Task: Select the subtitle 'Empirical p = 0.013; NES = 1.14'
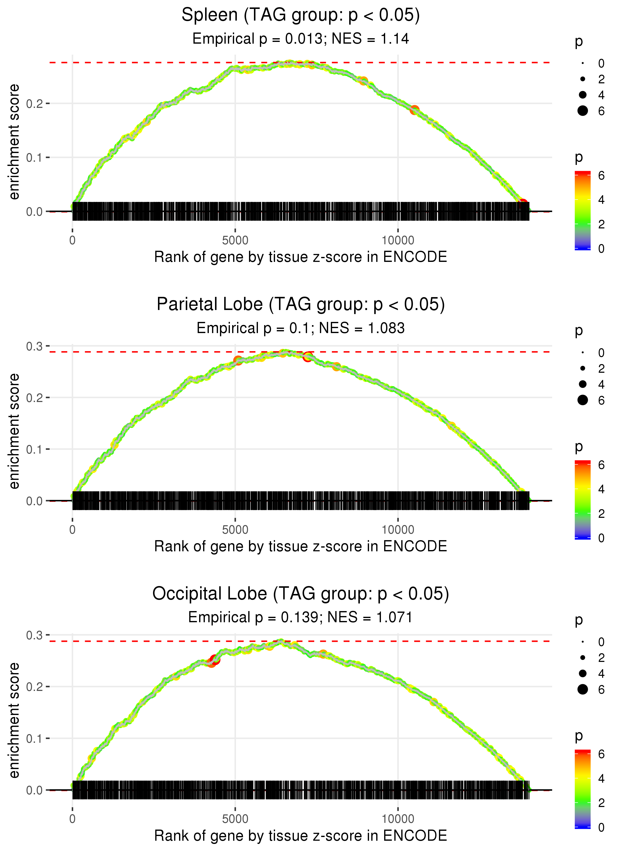(x=301, y=38)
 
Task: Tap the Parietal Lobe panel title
(x=301, y=305)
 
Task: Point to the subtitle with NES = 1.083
(x=301, y=328)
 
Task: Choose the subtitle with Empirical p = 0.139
(x=301, y=617)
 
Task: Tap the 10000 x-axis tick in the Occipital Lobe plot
(x=398, y=819)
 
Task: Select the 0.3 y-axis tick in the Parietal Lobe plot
(x=34, y=346)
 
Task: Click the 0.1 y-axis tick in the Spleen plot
(x=34, y=157)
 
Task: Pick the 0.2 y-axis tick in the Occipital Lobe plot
(x=34, y=687)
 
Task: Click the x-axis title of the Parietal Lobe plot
(x=301, y=546)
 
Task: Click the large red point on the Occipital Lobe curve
(x=214, y=660)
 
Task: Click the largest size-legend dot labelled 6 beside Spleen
(x=583, y=111)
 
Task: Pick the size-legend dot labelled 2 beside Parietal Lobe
(x=583, y=368)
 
